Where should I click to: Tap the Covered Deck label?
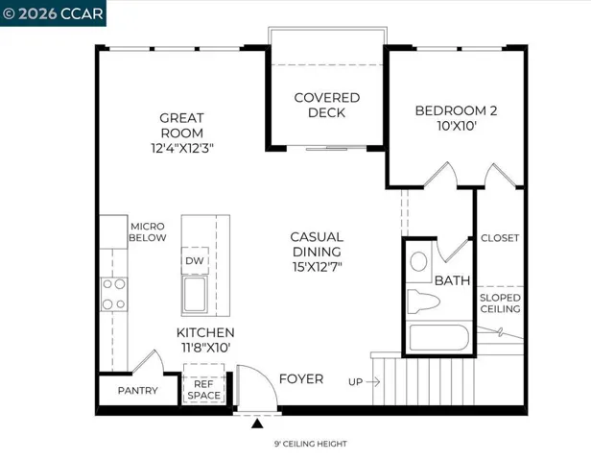coord(327,105)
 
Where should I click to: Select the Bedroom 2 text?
coord(451,118)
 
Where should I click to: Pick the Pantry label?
coord(137,391)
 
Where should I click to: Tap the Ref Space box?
coord(202,390)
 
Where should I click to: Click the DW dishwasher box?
coord(194,260)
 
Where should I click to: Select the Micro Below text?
coord(148,231)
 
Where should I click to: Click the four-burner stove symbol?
coord(114,294)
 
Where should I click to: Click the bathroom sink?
coord(419,261)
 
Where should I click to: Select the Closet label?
coord(499,238)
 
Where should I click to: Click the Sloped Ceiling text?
coord(499,303)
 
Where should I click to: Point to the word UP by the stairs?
coord(355,382)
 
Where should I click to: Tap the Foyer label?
coord(300,379)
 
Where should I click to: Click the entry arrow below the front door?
coord(256,421)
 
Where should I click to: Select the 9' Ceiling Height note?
coord(310,444)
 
